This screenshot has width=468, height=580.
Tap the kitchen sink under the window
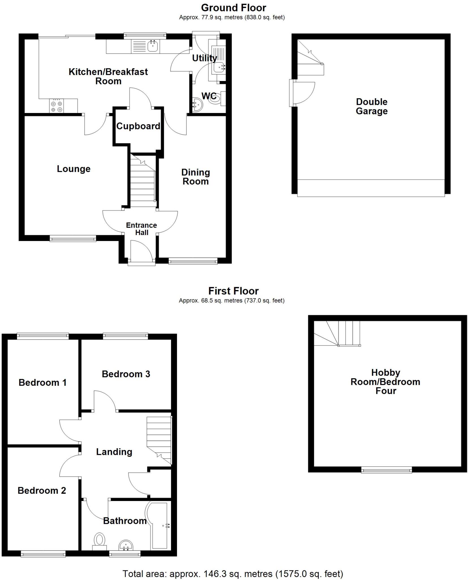(153, 46)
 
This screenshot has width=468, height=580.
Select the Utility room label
(204, 58)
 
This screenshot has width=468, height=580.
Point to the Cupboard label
(138, 126)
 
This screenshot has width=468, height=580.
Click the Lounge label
(74, 169)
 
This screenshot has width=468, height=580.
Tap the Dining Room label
(196, 177)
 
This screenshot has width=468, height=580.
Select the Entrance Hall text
(142, 229)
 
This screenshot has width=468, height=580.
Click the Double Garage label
(371, 106)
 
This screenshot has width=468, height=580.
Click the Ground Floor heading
(234, 8)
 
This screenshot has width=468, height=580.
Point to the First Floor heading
(234, 291)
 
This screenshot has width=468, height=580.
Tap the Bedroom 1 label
(42, 383)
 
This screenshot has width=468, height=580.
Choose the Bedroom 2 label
(42, 491)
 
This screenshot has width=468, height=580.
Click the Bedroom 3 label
(126, 374)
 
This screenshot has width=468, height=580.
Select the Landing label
(114, 452)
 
